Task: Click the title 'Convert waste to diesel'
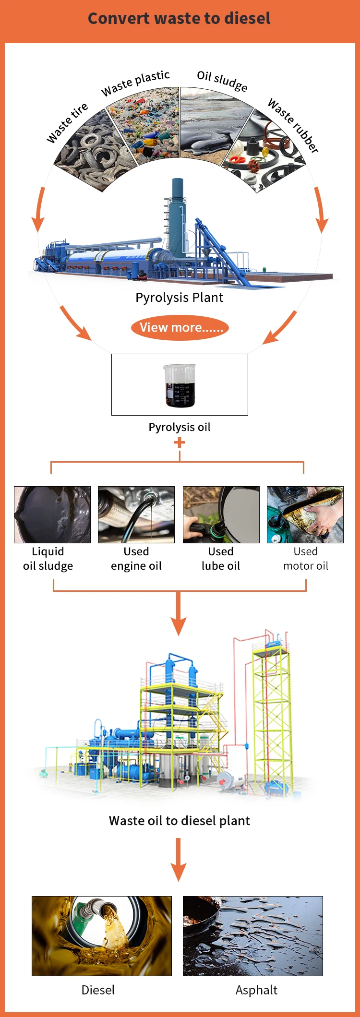tap(179, 19)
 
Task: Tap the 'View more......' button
tap(180, 328)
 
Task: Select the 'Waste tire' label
tap(67, 123)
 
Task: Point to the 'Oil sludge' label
tap(222, 81)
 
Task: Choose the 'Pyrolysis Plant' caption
tap(180, 298)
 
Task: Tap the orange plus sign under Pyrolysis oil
tap(180, 443)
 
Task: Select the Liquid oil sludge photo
tap(52, 514)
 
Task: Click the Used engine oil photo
tap(136, 514)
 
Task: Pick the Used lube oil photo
tap(221, 514)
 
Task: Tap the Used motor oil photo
tap(305, 514)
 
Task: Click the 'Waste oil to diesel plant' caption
tap(180, 821)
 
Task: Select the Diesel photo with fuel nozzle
tap(102, 936)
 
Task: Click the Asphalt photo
tap(253, 936)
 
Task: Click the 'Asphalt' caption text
tap(256, 990)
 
